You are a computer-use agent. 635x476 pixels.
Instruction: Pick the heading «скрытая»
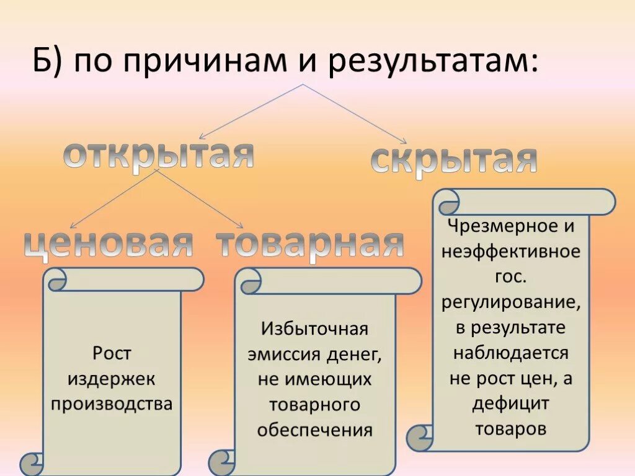[453, 159]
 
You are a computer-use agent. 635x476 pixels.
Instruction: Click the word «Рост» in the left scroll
[112, 354]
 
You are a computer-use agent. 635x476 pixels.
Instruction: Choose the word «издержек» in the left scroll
[112, 379]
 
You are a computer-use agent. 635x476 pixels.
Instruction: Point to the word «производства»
[112, 404]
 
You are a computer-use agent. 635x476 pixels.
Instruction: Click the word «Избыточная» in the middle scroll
[314, 328]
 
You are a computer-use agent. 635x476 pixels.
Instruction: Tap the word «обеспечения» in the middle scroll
[314, 430]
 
